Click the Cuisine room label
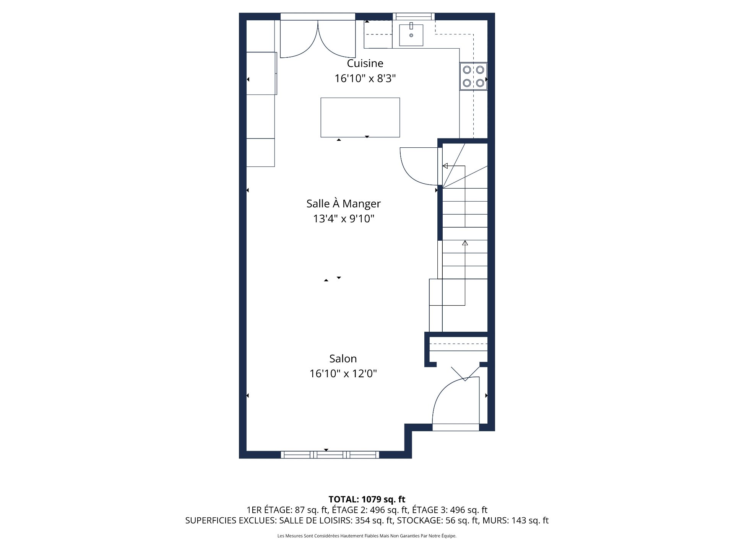tap(365, 63)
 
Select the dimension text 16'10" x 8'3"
tap(365, 78)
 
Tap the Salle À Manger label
tap(343, 204)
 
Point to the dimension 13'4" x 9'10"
tap(343, 218)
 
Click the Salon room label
tap(343, 359)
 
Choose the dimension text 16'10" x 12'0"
tap(343, 373)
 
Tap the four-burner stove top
tap(473, 76)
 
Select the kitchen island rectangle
tap(360, 117)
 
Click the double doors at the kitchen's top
tap(318, 38)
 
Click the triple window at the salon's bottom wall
tap(330, 455)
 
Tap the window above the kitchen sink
tap(414, 16)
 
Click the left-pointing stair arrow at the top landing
tap(445, 166)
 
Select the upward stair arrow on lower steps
tap(465, 243)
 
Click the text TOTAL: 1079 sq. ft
tap(367, 499)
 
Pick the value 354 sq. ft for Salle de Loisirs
tap(373, 520)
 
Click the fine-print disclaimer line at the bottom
tap(367, 536)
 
